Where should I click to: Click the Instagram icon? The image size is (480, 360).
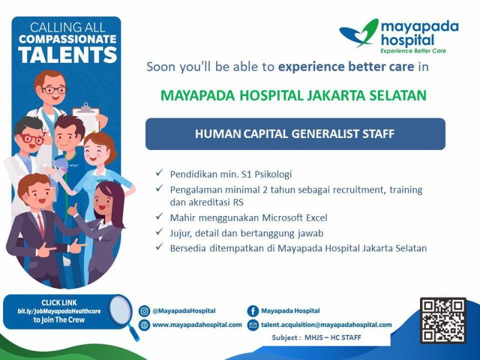tap(144, 311)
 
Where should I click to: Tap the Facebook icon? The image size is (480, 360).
tap(253, 311)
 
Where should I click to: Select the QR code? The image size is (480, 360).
tap(443, 320)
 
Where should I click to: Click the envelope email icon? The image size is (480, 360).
tap(253, 325)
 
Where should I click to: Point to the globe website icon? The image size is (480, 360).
tap(144, 325)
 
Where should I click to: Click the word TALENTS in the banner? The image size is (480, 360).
tap(68, 55)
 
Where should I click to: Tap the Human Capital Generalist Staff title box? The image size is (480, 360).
tap(295, 134)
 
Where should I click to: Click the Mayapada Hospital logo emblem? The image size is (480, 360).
tap(359, 33)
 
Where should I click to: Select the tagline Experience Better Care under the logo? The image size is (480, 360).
tap(413, 51)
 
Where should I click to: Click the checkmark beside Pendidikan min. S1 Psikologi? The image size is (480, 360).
tap(159, 173)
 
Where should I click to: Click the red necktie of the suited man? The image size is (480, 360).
tap(41, 225)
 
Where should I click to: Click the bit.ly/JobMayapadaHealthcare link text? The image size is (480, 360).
tap(59, 311)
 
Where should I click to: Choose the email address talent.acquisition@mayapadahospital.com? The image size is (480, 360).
tap(326, 325)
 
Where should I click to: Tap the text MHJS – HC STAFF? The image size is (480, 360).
tap(333, 338)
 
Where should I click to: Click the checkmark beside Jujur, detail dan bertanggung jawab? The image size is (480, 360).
tap(159, 232)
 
